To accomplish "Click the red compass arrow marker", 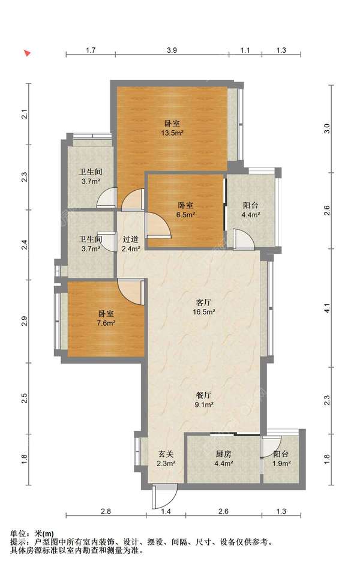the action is tap(27, 53).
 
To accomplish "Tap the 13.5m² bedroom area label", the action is tap(172, 128).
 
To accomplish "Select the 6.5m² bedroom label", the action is tap(185, 210).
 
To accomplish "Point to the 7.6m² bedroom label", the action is tap(106, 318).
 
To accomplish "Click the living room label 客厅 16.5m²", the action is tap(204, 307).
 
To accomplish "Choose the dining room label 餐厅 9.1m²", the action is tap(204, 400).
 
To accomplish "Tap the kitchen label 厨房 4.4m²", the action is tap(223, 458).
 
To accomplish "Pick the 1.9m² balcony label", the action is tap(281, 458).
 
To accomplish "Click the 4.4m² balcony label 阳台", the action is tap(251, 210).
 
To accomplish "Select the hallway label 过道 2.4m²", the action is tap(131, 244).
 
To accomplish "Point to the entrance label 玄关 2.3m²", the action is tap(166, 458).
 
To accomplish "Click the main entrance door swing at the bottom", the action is tap(164, 496).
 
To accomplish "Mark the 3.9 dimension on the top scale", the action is tap(172, 50).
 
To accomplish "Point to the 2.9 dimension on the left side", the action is tap(25, 321).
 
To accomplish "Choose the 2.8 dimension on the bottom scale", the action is tap(106, 511).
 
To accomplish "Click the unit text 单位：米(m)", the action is tap(32, 534).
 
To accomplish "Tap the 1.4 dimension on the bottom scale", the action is tap(166, 511).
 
